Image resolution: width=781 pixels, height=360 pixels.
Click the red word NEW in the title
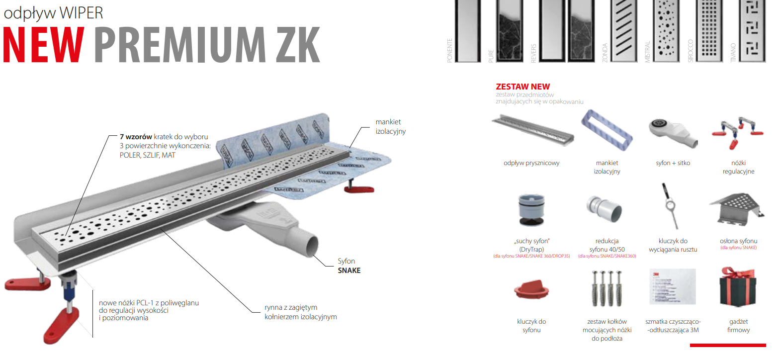[44, 45]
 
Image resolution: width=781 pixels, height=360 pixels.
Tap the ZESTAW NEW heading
[522, 87]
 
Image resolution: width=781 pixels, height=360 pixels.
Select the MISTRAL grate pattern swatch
[666, 31]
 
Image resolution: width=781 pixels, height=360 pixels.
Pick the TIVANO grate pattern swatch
[752, 31]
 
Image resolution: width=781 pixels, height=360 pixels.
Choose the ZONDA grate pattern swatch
[623, 31]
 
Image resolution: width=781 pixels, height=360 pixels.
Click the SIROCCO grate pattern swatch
[709, 31]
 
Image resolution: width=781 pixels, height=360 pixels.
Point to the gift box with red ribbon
[738, 288]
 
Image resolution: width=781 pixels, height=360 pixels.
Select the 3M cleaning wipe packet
[673, 287]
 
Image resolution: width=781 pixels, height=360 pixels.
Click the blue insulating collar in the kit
[607, 131]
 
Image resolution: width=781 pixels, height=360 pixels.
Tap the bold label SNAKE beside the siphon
[349, 270]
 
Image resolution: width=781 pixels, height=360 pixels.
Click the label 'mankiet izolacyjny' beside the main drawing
[390, 126]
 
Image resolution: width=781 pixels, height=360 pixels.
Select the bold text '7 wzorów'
[136, 137]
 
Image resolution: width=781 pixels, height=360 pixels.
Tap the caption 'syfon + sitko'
[673, 163]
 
